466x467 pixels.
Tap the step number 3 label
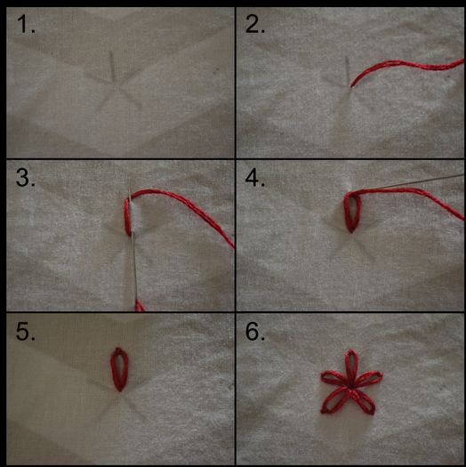click(27, 180)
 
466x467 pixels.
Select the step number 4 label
click(256, 180)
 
